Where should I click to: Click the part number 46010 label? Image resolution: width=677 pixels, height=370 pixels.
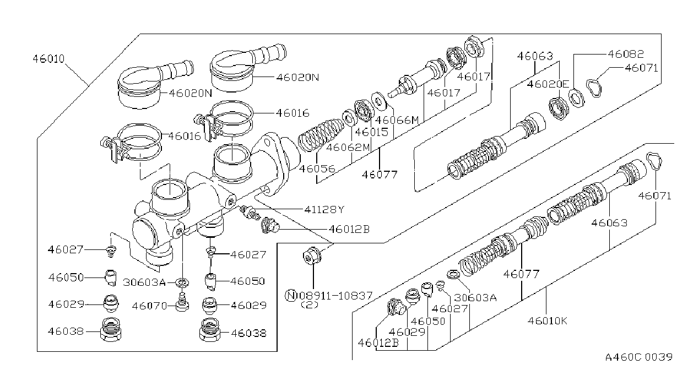[48, 58]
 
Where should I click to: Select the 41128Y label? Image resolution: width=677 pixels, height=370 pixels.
[324, 209]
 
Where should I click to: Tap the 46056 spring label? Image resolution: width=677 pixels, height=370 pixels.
[317, 168]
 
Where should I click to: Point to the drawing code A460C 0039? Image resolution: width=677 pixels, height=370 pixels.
[639, 357]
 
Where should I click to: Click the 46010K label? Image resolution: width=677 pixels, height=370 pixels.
[548, 320]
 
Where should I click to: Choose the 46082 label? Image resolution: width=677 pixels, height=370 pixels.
[626, 54]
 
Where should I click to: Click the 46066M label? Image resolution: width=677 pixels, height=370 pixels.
[397, 120]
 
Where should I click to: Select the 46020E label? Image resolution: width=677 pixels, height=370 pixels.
[548, 84]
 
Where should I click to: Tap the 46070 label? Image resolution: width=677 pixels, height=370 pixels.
[150, 306]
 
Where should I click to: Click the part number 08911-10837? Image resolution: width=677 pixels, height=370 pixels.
[336, 295]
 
